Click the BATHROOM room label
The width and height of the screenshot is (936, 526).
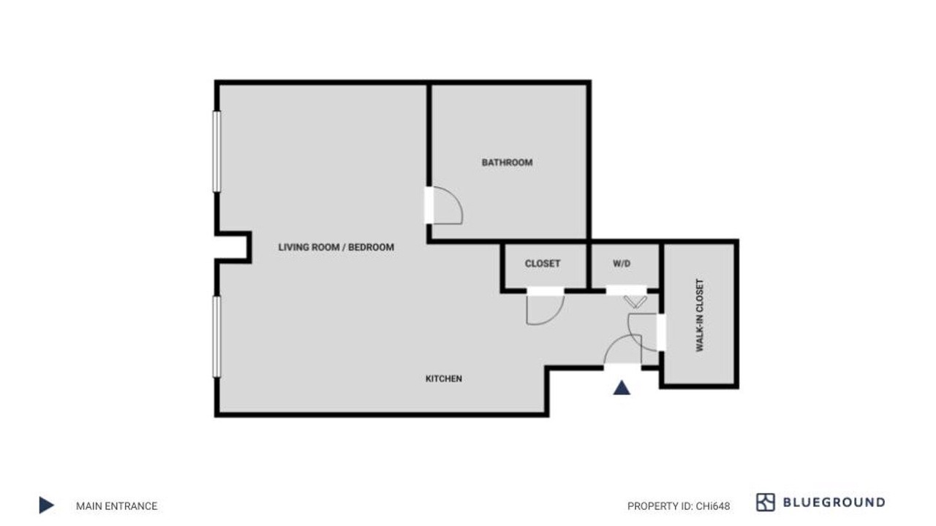tap(507, 162)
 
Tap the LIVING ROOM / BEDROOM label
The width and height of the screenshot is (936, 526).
tap(336, 247)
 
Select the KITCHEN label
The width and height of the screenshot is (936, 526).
tap(443, 378)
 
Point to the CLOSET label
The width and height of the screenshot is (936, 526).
tap(543, 264)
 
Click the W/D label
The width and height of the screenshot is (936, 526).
tap(622, 264)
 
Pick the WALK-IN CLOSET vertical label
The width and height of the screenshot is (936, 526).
tap(700, 315)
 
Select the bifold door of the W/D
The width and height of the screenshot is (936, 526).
tap(635, 302)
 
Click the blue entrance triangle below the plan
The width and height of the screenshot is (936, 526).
tap(622, 388)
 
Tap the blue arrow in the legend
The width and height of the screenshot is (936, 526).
tap(46, 505)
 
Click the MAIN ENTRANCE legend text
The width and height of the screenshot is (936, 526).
tap(116, 506)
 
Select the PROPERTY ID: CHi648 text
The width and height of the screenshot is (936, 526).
tap(679, 506)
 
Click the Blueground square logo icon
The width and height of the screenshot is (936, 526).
tap(766, 502)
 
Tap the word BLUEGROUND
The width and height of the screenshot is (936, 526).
tap(834, 502)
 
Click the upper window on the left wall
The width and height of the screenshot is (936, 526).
tap(216, 151)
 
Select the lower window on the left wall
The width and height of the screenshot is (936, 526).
tap(216, 337)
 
